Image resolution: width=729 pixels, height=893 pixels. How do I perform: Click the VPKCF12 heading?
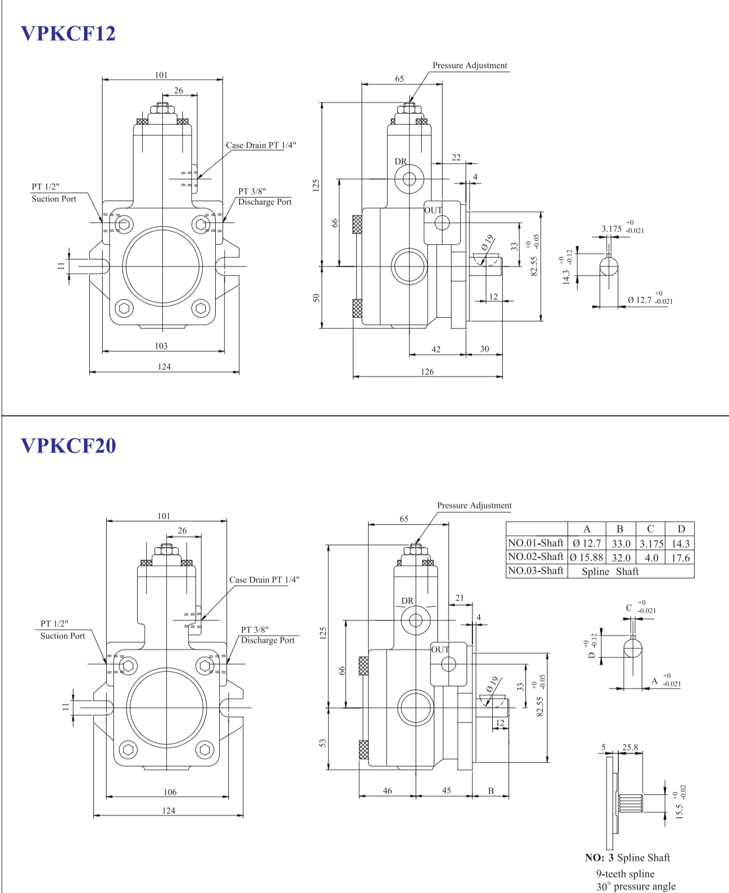coord(68,33)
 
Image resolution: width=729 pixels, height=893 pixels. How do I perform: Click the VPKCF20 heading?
coord(68,446)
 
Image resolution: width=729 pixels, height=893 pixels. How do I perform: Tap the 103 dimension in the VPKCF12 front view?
coord(161,346)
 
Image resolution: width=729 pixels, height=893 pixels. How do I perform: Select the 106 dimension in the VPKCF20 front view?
coord(170,792)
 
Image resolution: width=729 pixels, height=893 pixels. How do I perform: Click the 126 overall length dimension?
coord(427,372)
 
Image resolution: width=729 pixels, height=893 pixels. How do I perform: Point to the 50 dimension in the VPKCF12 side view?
coord(316,297)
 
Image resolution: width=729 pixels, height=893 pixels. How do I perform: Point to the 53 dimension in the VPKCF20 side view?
coord(323,743)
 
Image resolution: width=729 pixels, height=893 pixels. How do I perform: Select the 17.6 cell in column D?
coord(680,558)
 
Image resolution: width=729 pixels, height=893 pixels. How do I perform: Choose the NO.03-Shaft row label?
coord(535,571)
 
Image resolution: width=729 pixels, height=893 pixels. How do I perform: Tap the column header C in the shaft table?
coord(650,529)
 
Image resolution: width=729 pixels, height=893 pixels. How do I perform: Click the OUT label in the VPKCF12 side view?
coord(433,210)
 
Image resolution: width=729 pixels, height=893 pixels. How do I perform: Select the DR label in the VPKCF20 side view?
coord(407,601)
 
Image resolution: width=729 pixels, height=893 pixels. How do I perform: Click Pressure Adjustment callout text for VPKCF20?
coord(474,506)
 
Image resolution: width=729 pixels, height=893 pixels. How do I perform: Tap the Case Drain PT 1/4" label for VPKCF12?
coord(261,145)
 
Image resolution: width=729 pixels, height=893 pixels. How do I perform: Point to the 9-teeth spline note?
coord(625,874)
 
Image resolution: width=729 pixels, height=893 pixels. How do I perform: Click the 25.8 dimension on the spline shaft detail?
coord(630,747)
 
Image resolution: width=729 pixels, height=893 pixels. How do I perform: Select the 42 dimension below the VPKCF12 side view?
coord(436,349)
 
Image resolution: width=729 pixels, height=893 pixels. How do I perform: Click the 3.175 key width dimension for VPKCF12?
coord(611,229)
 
